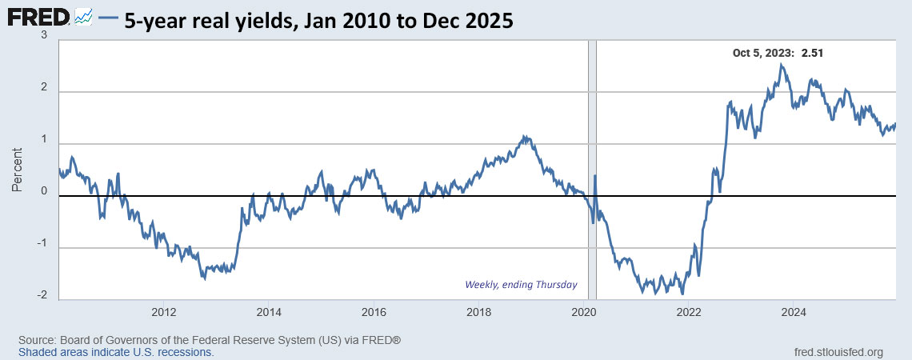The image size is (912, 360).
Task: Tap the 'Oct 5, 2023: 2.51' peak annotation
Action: pos(778,54)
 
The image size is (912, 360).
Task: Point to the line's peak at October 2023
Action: pos(781,65)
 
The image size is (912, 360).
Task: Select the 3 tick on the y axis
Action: pos(43,37)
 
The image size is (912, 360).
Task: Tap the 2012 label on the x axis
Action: pos(163,312)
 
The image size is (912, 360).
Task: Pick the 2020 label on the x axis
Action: pos(583,312)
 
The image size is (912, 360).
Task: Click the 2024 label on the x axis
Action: pos(793,312)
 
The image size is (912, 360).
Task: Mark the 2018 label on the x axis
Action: pos(478,312)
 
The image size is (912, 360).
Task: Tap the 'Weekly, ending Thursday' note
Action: pos(521,285)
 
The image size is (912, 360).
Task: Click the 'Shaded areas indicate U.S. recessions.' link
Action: pos(116,352)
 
